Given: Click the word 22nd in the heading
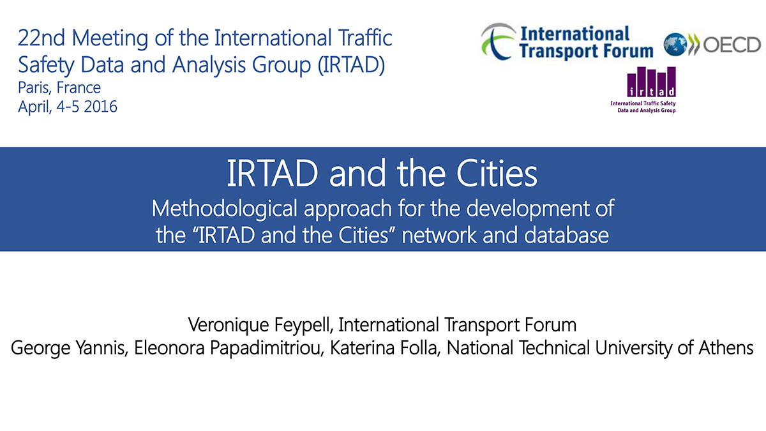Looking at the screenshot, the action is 41,38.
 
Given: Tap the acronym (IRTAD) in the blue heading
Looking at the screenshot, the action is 351,64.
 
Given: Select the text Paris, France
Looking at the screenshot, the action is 59,88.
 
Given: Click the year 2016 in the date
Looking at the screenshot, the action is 101,107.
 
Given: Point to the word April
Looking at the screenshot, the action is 34,107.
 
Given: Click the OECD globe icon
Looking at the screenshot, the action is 675,45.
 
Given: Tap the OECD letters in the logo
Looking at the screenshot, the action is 732,45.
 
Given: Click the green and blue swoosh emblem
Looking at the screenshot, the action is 499,41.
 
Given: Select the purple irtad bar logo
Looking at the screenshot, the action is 651,82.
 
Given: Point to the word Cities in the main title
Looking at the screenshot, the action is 497,173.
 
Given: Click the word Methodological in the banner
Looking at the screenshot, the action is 224,209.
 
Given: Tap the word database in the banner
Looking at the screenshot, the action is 567,235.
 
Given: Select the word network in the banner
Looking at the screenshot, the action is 439,235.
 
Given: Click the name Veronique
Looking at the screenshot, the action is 229,325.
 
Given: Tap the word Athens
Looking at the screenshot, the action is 726,347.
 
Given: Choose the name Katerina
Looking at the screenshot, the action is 362,347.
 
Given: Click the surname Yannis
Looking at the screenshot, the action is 101,347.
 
